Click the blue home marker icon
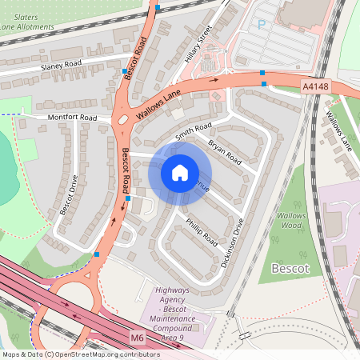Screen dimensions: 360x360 [180, 173]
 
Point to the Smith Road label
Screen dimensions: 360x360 [193, 131]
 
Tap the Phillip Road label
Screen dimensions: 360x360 [201, 230]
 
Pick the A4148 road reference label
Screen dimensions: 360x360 [314, 86]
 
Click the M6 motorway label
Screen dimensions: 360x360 [137, 338]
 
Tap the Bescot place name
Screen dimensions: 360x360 [290, 268]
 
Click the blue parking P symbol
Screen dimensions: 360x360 [261, 24]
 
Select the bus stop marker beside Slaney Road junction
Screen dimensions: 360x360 [124, 71]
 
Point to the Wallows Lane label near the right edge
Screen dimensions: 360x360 [338, 132]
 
